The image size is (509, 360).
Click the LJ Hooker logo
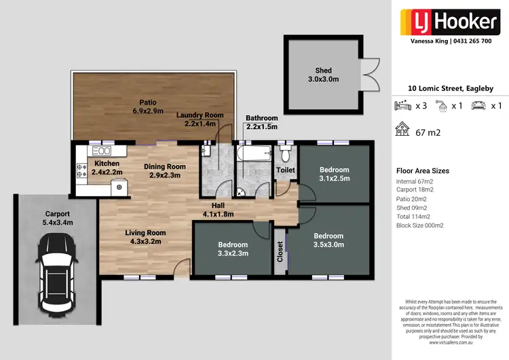point(451,21)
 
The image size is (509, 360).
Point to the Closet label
point(280,251)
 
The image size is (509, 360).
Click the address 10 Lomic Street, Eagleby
point(451,88)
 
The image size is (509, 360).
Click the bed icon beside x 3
point(403,106)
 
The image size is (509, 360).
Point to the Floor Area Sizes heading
point(422,171)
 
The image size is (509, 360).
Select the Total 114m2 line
point(417,216)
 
